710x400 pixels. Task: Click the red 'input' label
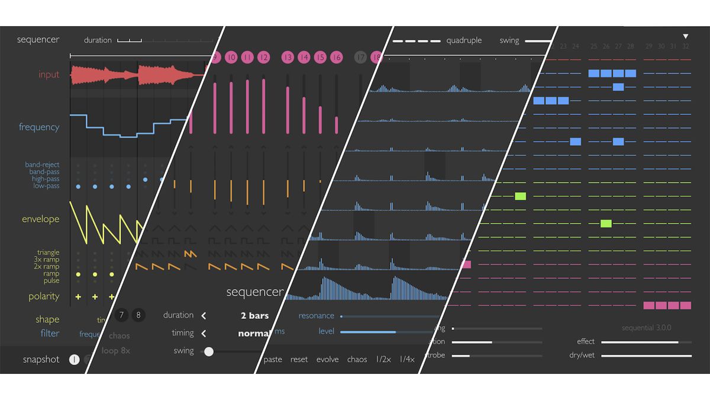click(49, 75)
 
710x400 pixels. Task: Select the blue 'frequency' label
click(39, 127)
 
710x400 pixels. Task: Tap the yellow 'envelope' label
click(41, 219)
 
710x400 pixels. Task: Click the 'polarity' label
click(44, 296)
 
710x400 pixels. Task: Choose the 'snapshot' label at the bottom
click(41, 360)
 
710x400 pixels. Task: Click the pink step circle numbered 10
click(231, 57)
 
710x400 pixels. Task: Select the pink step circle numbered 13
click(288, 57)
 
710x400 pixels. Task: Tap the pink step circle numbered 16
click(336, 57)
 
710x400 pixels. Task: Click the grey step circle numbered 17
click(361, 57)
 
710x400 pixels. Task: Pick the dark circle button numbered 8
click(138, 315)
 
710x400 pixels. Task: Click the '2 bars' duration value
click(254, 315)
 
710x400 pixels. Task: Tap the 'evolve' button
click(328, 360)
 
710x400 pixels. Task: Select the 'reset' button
click(299, 360)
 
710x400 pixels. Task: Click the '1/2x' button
click(383, 360)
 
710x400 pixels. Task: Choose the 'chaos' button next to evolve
click(357, 360)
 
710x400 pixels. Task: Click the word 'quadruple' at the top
click(464, 41)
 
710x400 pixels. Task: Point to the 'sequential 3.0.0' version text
click(646, 328)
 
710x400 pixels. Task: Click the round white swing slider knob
click(209, 351)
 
